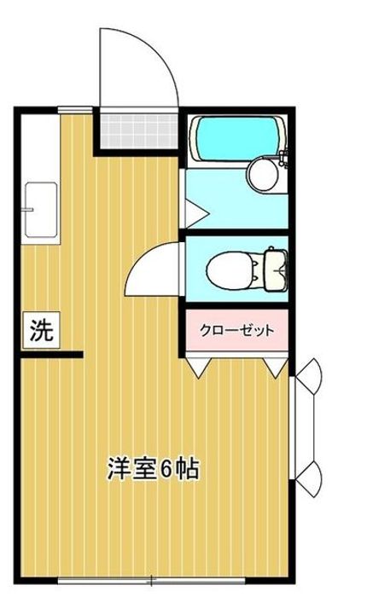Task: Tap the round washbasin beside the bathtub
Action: [261, 175]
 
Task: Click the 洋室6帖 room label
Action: [154, 468]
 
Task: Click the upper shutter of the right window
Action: [309, 375]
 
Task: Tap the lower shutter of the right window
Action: [309, 478]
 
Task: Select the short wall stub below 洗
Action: [51, 354]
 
